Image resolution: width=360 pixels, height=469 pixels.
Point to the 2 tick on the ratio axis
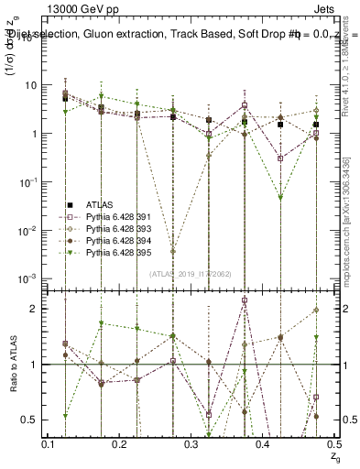pyautogui.click(x=36, y=309)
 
